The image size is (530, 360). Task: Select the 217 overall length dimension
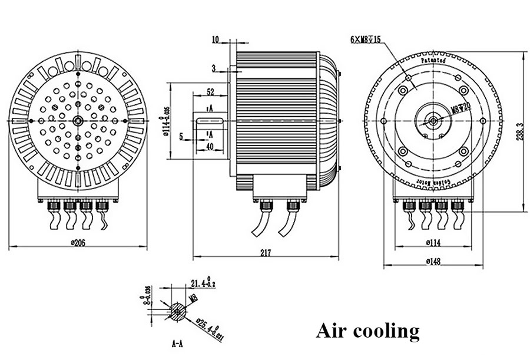[266, 253]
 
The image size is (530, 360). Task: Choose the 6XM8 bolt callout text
[366, 41]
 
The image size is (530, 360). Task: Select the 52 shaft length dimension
[211, 93]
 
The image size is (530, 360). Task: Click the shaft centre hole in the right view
[433, 121]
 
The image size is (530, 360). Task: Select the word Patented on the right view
[433, 61]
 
